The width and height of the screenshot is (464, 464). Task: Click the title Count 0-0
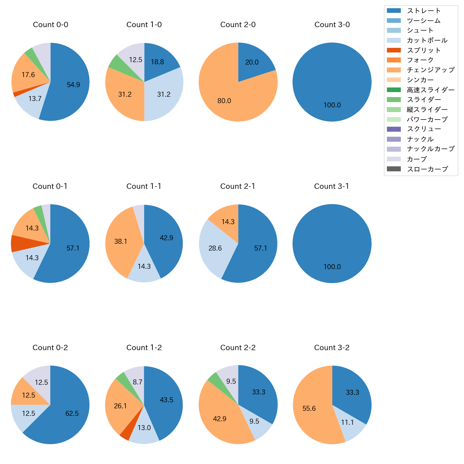point(50,25)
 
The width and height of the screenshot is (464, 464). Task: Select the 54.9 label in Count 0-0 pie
point(74,85)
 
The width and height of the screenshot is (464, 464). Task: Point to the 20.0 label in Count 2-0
point(252,62)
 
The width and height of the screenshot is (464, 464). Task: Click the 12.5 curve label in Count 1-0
point(136,60)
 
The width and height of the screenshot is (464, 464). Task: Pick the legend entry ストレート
point(424,11)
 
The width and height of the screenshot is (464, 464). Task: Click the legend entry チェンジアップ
point(430,70)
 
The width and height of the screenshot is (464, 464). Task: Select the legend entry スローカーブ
point(427,169)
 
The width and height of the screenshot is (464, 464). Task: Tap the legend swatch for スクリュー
point(394,129)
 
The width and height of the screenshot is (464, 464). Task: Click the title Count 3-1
point(332,186)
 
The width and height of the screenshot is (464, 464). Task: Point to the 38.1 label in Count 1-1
point(121,241)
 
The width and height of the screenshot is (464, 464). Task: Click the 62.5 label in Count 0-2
point(72,413)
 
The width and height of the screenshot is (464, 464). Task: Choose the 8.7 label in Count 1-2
point(137,382)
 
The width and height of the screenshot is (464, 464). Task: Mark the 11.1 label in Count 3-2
point(347,423)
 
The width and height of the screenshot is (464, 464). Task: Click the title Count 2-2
point(238,348)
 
